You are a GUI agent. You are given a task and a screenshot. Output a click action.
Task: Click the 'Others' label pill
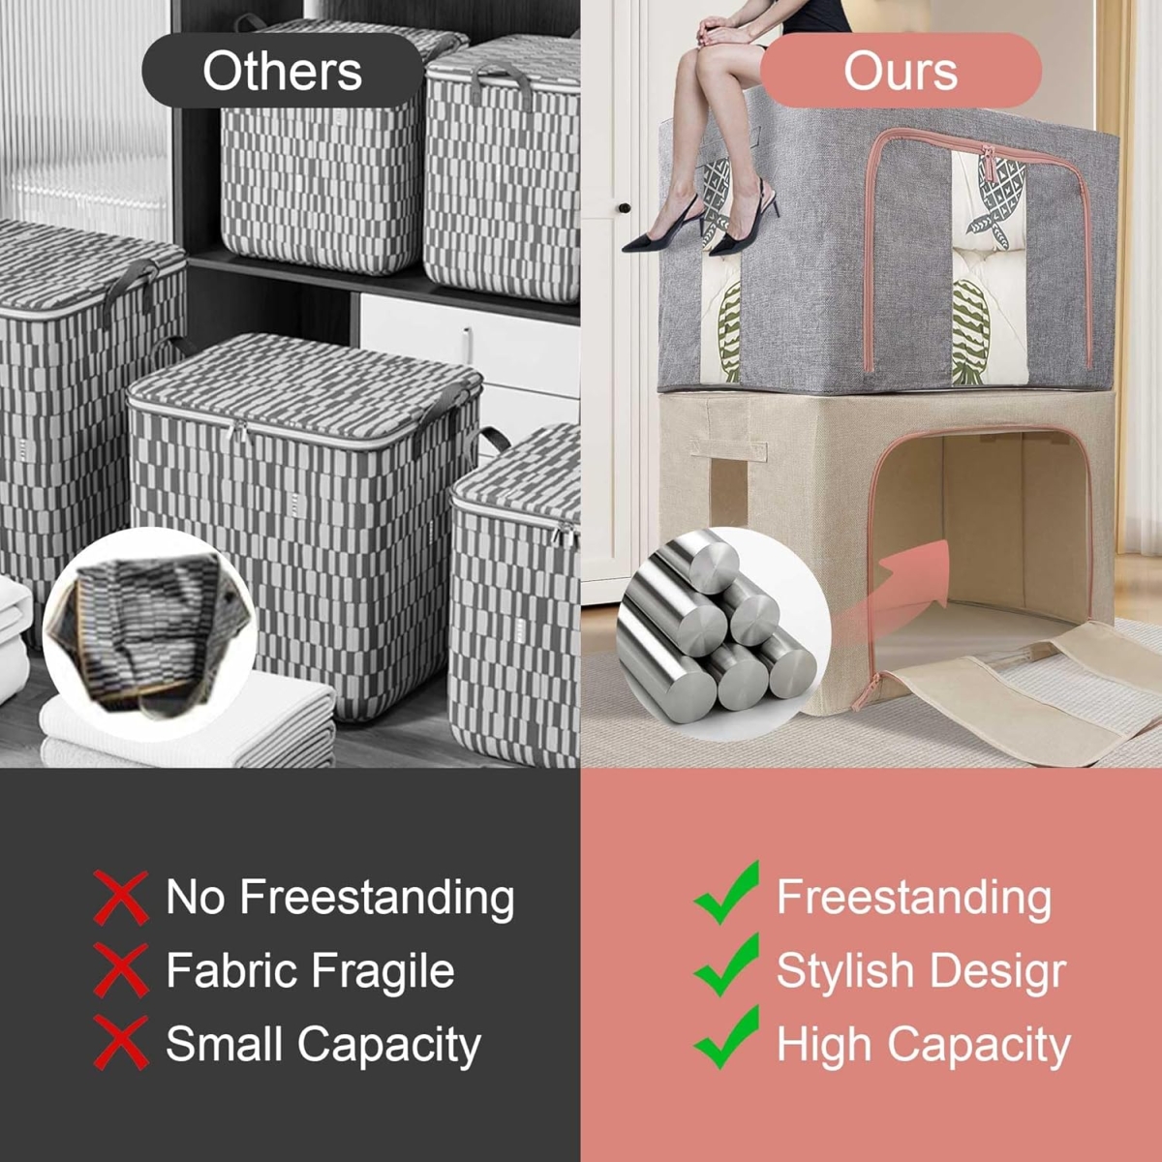click(x=282, y=71)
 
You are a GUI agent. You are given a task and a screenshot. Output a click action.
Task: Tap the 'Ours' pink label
click(x=901, y=71)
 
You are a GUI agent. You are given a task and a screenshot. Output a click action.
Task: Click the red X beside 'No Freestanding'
click(x=121, y=898)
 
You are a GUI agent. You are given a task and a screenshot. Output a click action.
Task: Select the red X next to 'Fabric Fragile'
click(x=121, y=970)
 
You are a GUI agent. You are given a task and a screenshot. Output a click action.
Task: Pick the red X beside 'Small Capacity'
click(x=121, y=1043)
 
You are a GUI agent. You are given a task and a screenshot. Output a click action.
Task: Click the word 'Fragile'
click(x=382, y=972)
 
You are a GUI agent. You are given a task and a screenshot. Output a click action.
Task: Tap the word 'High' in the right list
click(x=823, y=1045)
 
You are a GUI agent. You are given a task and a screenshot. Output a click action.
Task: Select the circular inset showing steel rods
click(x=723, y=633)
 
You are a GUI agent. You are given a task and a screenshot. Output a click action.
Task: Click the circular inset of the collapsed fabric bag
click(x=149, y=633)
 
